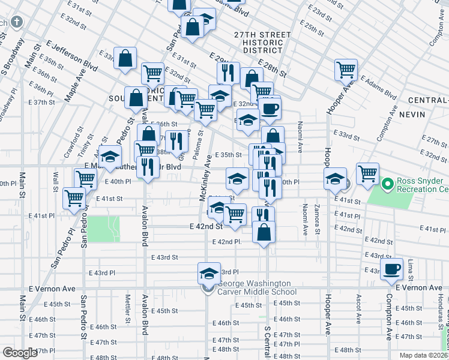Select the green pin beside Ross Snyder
(x=388, y=182)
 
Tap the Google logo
(x=19, y=353)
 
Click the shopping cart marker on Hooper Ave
(x=346, y=70)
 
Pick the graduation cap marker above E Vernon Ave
(x=208, y=273)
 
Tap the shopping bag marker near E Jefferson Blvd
(x=126, y=59)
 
